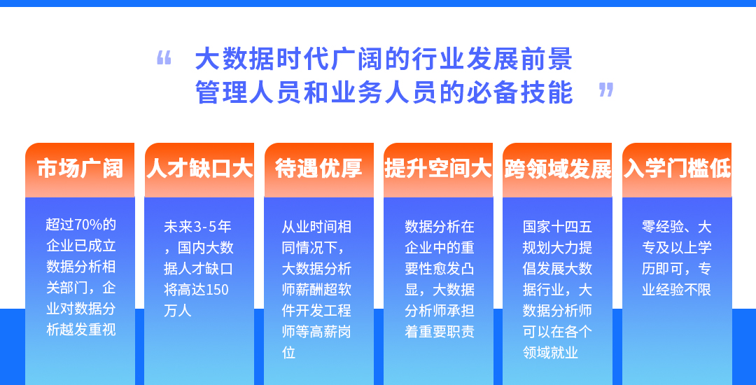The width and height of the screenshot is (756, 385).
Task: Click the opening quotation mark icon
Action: point(164,58)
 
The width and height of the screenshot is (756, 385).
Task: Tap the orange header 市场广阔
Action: point(80,169)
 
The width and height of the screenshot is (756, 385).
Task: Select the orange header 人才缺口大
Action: point(199,169)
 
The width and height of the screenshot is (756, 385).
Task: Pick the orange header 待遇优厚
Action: point(318,169)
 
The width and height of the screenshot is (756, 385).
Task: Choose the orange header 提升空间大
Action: point(437,169)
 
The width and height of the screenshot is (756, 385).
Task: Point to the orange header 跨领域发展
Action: point(557,169)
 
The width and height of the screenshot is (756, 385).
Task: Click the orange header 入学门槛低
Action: point(677,169)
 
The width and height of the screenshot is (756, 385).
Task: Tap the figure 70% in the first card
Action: point(87,225)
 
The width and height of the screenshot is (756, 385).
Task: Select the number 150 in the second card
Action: point(217,290)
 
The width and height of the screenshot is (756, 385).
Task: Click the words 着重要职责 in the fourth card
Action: point(439,332)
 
